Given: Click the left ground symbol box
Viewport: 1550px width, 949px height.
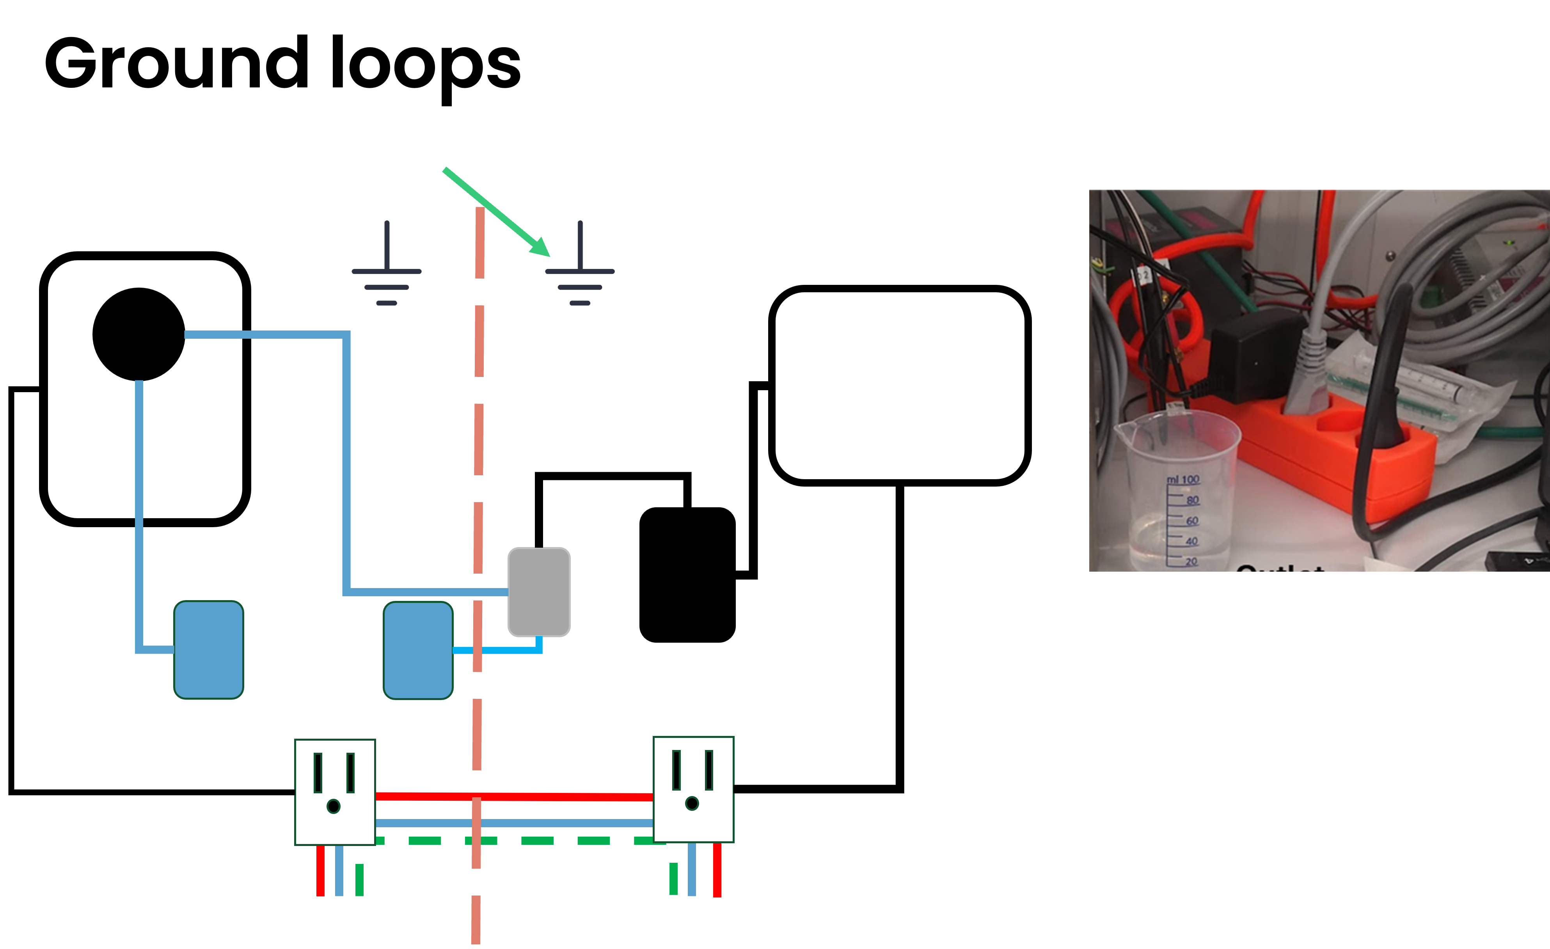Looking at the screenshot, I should click(x=387, y=266).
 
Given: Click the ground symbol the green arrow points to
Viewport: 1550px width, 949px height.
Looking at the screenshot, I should click(x=580, y=266).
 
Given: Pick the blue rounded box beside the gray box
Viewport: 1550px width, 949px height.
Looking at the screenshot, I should click(x=418, y=650).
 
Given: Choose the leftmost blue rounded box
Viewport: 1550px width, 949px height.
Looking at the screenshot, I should click(x=208, y=649).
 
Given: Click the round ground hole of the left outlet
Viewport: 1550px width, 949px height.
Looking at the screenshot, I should click(x=334, y=806).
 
